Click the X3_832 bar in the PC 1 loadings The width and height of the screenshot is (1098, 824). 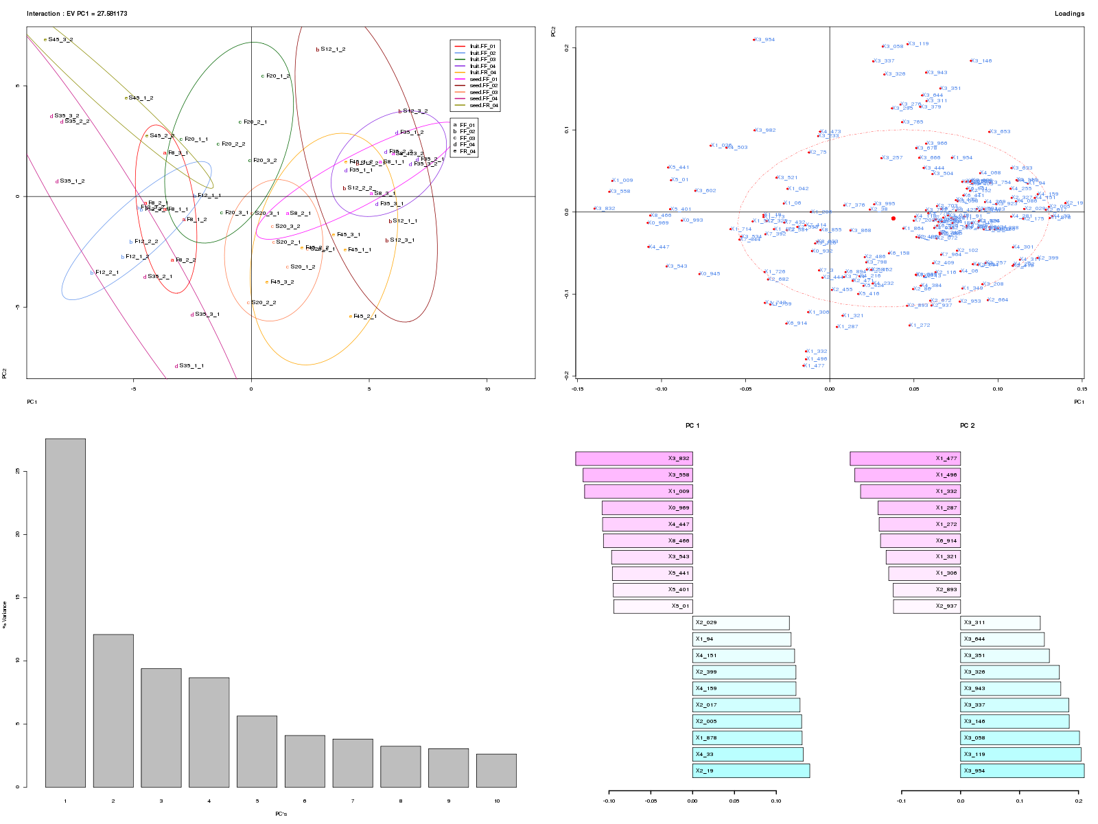(633, 459)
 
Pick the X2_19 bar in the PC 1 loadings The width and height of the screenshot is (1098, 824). (751, 771)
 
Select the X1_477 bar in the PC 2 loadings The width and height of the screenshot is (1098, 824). (904, 459)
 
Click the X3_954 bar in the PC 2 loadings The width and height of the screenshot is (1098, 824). (1022, 771)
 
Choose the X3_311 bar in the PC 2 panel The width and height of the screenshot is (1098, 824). (1000, 623)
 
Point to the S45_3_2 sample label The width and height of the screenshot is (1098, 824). (60, 40)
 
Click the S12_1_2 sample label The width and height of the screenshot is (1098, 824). (333, 49)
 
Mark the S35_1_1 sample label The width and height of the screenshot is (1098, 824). (191, 366)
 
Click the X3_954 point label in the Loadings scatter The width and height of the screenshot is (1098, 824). (764, 40)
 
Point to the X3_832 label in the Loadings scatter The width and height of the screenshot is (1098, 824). (605, 209)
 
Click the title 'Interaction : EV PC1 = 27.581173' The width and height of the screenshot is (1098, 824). (77, 14)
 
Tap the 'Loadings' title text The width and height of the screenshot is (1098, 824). (1069, 14)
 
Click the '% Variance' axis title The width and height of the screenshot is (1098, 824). (4, 615)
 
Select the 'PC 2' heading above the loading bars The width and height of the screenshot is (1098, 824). (967, 426)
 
